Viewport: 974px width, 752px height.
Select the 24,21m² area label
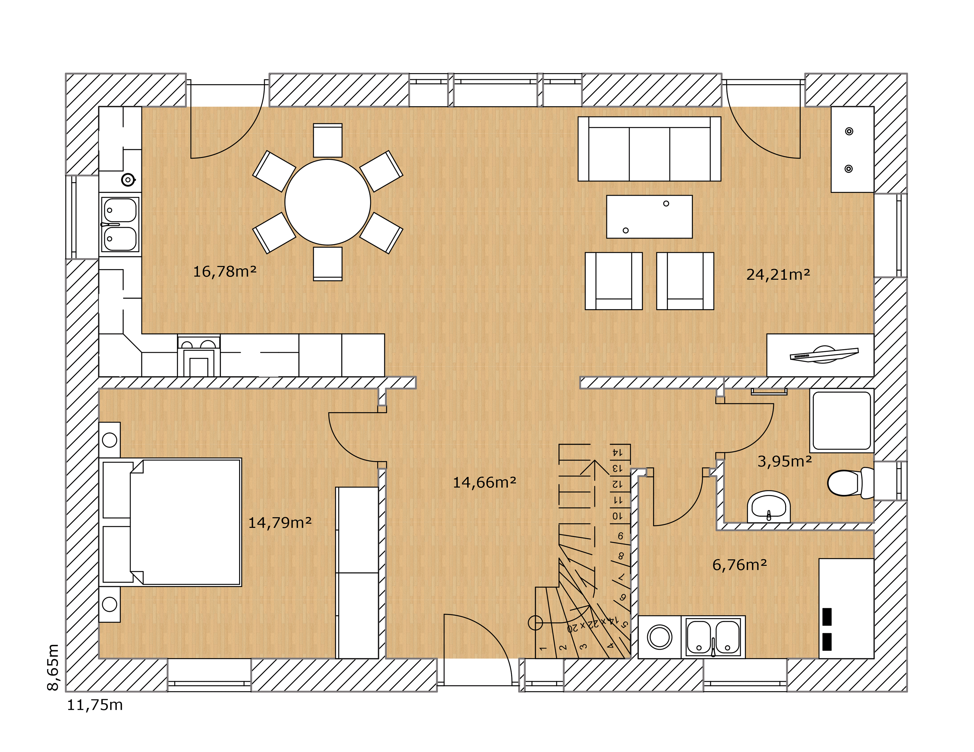[778, 274]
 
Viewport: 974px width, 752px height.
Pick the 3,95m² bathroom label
[785, 461]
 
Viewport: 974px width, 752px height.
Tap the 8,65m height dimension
[53, 667]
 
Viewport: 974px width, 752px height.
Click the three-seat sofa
[649, 149]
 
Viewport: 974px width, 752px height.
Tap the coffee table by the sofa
[649, 217]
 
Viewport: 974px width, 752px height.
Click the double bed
[170, 522]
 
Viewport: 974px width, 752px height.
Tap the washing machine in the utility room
[660, 637]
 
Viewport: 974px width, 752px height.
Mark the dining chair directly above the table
[328, 141]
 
